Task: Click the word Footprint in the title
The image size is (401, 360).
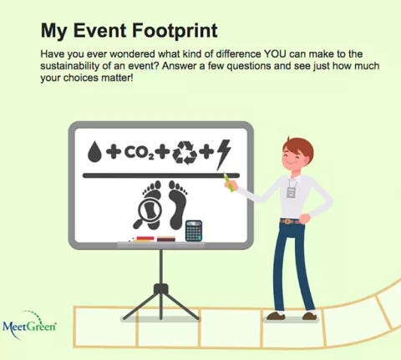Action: pos(171,31)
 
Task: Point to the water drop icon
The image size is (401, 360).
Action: pos(94,153)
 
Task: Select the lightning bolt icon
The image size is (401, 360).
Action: pos(224,151)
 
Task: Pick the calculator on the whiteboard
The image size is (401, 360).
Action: pos(194,230)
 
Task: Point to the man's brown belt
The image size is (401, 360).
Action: pos(289,221)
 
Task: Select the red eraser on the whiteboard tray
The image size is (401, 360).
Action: pos(144,239)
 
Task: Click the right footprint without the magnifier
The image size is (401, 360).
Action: pos(177,207)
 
